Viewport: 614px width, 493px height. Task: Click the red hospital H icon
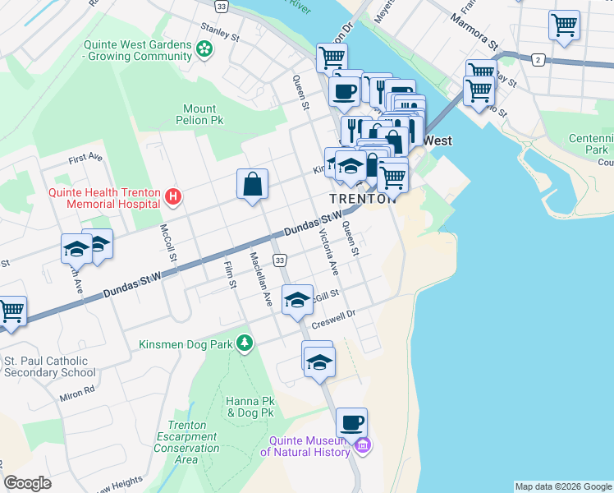tap(172, 196)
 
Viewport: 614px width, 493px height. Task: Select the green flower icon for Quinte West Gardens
tap(204, 50)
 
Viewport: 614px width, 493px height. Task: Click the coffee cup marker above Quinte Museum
tap(351, 423)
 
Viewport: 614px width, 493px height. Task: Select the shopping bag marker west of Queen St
tap(253, 185)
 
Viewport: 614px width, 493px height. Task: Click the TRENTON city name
tap(359, 200)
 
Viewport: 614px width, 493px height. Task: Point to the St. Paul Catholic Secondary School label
tap(49, 366)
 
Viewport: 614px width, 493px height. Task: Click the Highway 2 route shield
tap(538, 59)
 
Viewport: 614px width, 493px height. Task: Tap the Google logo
tap(28, 483)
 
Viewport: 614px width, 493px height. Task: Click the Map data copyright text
tap(563, 486)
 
